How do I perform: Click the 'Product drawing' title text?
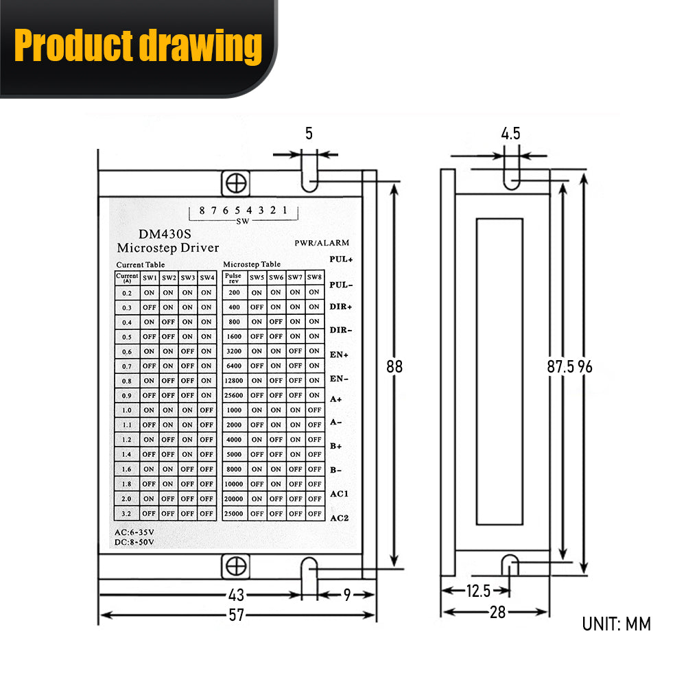[x=138, y=47]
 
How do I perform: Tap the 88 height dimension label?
[x=394, y=366]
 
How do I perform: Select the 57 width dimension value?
[x=236, y=615]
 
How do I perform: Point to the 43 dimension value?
[x=236, y=595]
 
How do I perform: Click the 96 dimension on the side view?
[x=584, y=366]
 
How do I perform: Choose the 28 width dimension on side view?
[x=497, y=612]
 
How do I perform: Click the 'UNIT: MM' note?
[x=616, y=624]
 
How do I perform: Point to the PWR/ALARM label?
[x=322, y=243]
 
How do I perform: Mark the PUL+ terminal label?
[x=341, y=260]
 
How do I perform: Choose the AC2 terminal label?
[x=340, y=517]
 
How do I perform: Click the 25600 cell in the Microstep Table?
[x=234, y=395]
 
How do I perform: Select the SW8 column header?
[x=314, y=277]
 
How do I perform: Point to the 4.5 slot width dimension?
[x=511, y=133]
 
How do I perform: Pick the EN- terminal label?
[x=340, y=378]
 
